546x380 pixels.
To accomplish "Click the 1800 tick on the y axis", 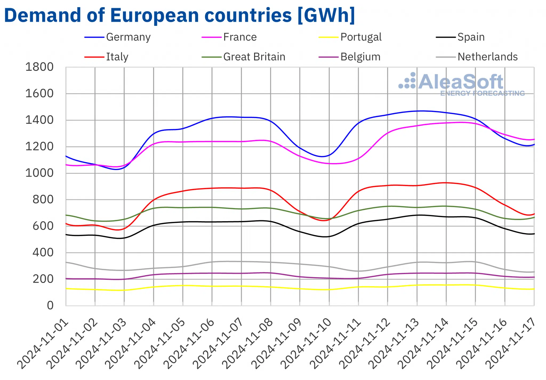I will tap(39, 67).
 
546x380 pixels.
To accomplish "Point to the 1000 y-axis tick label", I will tap(39, 173).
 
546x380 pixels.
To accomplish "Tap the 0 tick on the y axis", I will tap(50, 305).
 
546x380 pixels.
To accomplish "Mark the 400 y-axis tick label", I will tap(43, 252).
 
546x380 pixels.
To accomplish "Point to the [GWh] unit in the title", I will tap(326, 15).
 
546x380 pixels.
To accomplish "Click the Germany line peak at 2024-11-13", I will tap(417, 111).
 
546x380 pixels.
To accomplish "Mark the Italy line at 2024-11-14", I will tap(446, 183).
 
